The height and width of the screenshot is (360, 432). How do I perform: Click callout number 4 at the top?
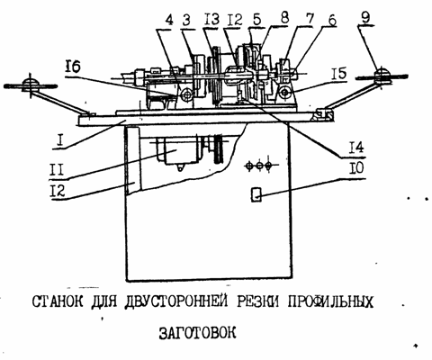[169, 21]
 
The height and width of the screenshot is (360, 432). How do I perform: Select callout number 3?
[186, 21]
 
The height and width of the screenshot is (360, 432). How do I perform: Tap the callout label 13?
[211, 20]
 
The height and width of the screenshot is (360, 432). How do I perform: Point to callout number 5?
[256, 19]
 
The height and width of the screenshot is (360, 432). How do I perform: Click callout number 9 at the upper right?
[364, 18]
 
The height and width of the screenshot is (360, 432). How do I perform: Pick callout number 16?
[73, 67]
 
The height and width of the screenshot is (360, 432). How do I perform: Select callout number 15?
[339, 74]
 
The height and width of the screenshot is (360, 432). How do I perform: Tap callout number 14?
[356, 148]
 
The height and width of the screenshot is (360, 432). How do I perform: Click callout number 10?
[355, 168]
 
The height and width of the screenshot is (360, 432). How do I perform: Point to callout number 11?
[57, 170]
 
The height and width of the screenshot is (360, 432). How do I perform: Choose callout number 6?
[331, 21]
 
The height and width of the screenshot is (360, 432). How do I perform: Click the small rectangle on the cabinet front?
[256, 194]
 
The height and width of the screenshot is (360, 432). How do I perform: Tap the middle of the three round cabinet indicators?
[259, 165]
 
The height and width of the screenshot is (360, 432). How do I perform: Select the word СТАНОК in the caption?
[58, 301]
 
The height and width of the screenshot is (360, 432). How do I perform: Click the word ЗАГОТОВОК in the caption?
[197, 332]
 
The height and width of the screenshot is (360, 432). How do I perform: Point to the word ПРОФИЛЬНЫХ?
[330, 302]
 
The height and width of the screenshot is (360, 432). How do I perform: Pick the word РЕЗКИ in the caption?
[257, 301]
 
